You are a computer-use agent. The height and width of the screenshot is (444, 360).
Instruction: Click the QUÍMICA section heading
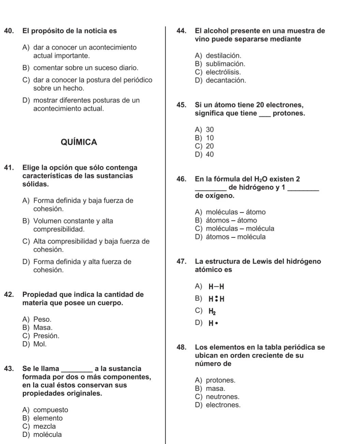(x=79, y=142)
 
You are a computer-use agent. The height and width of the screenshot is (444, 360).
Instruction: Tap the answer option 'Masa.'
(x=43, y=328)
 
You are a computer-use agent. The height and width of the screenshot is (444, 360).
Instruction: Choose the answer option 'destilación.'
(x=223, y=56)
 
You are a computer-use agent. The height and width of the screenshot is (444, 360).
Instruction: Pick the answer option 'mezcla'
(x=44, y=426)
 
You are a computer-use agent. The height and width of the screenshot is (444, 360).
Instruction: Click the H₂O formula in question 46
(x=261, y=179)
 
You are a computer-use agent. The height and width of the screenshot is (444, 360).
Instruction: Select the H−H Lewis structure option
(x=216, y=287)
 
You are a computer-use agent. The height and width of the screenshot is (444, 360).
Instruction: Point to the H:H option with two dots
(x=216, y=299)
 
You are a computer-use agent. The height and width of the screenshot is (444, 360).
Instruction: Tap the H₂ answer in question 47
(x=212, y=311)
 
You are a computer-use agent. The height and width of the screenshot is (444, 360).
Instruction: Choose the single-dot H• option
(x=213, y=323)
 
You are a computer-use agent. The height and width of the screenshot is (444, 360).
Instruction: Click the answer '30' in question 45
(x=210, y=130)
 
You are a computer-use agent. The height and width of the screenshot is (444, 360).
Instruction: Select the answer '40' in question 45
(x=210, y=155)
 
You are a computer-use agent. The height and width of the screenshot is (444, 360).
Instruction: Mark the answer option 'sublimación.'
(x=225, y=64)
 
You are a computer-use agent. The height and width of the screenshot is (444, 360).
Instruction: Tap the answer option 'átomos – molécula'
(x=236, y=237)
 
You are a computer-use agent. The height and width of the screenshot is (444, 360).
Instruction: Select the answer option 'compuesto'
(x=50, y=410)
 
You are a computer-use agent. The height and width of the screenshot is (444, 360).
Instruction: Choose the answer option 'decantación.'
(x=226, y=81)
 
